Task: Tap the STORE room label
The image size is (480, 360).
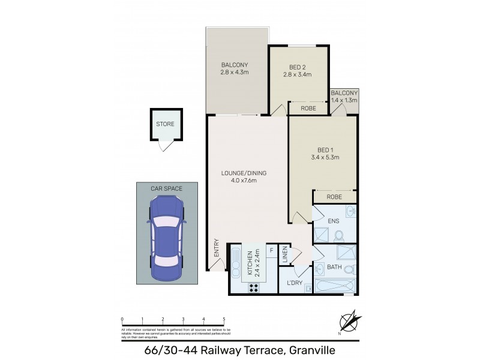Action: (x=165, y=125)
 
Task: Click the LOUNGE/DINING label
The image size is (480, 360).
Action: (x=244, y=173)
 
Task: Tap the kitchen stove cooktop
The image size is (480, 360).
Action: (x=254, y=287)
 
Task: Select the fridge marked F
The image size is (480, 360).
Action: (x=271, y=251)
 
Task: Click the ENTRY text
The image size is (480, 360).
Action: (x=215, y=249)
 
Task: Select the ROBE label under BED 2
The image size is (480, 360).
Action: (x=308, y=109)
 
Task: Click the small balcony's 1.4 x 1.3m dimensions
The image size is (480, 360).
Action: (x=344, y=100)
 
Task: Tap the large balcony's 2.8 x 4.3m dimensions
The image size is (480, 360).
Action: (x=235, y=73)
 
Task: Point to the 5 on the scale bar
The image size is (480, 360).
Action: (x=224, y=319)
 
